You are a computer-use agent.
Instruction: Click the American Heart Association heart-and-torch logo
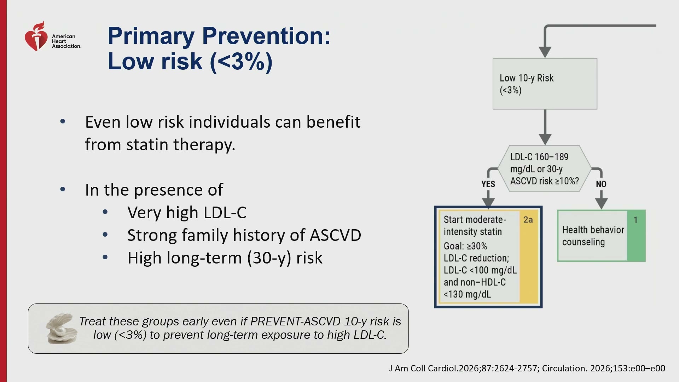coord(36,36)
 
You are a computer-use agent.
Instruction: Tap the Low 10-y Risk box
coord(545,84)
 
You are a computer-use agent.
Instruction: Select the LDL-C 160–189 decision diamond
coord(545,169)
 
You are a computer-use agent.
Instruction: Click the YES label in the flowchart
coord(488,184)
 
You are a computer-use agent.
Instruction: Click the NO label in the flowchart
coord(601,184)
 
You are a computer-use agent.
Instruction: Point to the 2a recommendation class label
coord(528,220)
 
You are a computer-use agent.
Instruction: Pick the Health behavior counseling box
coord(601,236)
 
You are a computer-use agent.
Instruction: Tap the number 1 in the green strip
coord(636,220)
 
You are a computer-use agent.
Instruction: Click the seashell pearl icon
coord(62,328)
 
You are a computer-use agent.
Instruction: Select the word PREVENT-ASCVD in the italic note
coord(295,321)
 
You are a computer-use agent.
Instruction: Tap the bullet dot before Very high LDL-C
coord(105,212)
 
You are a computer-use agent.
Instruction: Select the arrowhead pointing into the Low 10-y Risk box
coord(545,52)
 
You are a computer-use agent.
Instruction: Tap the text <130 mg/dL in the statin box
coord(467,294)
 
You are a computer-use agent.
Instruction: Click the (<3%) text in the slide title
coord(241,62)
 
